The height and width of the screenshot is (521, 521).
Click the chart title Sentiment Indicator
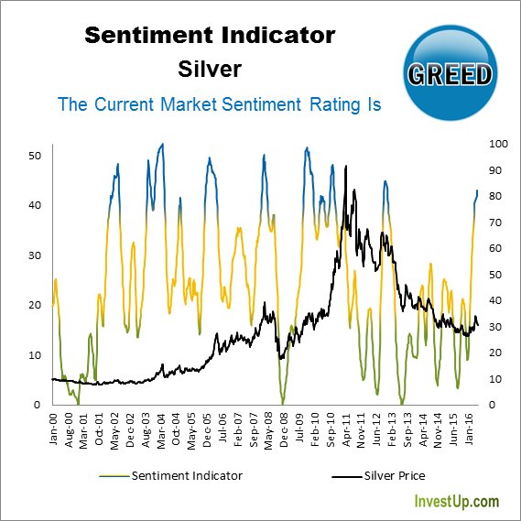pos(210,36)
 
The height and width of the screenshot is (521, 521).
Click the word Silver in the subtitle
pos(210,69)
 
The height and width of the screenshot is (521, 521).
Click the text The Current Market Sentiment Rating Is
pos(219,104)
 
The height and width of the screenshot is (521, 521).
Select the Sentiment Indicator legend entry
pos(175,474)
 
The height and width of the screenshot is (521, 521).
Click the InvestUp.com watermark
pos(457,502)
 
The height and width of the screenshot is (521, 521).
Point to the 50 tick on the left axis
pos(37,156)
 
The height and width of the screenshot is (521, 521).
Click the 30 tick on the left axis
pos(37,255)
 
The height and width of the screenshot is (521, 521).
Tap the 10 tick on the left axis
pos(37,355)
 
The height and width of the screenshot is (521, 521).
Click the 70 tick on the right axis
pos(497,223)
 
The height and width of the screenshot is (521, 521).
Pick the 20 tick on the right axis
pos(497,353)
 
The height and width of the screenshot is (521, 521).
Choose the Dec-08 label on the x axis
pos(284,430)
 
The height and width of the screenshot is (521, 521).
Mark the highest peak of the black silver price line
pos(345,167)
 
